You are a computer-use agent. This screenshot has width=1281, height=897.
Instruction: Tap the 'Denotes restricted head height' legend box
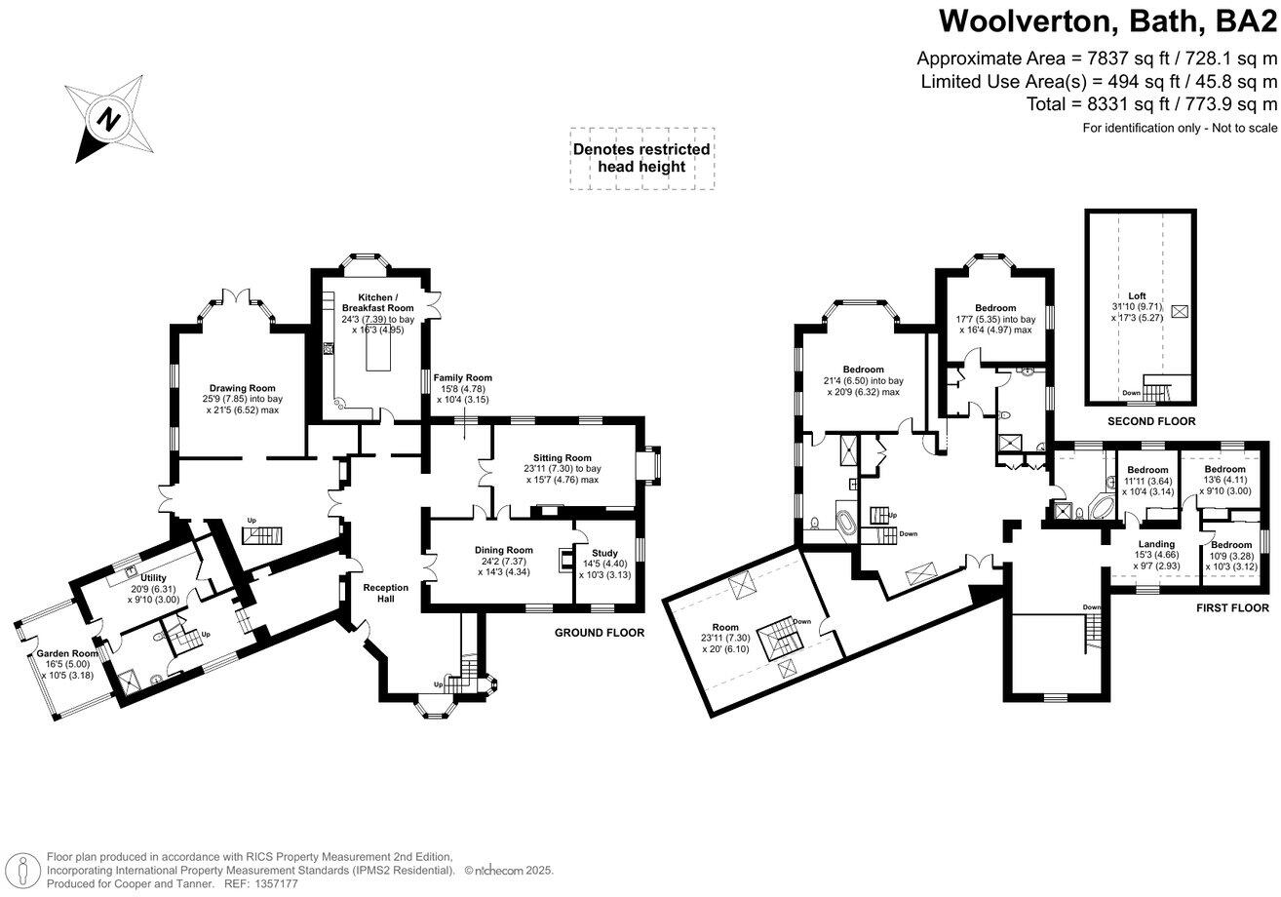(x=641, y=158)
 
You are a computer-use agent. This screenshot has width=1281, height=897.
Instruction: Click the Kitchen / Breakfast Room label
(x=370, y=302)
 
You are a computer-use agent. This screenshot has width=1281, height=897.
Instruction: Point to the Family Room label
(x=463, y=377)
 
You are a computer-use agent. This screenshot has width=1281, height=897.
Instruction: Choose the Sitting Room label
(x=562, y=457)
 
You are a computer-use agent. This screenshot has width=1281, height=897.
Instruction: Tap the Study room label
(x=604, y=553)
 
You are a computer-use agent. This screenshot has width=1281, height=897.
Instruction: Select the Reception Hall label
(x=386, y=588)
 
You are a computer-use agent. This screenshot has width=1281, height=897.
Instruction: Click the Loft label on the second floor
(x=1137, y=295)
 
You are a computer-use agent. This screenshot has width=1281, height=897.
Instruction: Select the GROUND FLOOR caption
(x=600, y=633)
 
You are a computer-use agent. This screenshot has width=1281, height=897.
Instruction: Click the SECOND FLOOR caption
(x=1151, y=421)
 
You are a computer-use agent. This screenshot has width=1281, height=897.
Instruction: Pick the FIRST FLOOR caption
(x=1232, y=607)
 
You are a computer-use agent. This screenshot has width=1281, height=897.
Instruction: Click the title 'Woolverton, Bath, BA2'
(x=1106, y=19)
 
